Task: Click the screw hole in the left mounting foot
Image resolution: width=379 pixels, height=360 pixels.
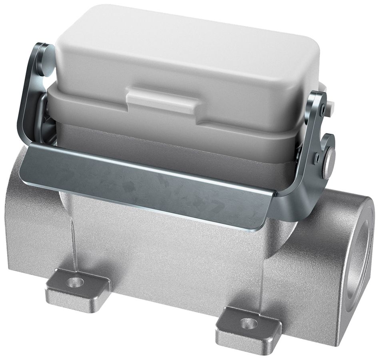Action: coord(75,282)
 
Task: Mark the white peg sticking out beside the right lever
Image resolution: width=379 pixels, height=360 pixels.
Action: coord(331,106)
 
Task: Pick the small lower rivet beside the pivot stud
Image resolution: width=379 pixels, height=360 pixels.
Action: coord(317,157)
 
